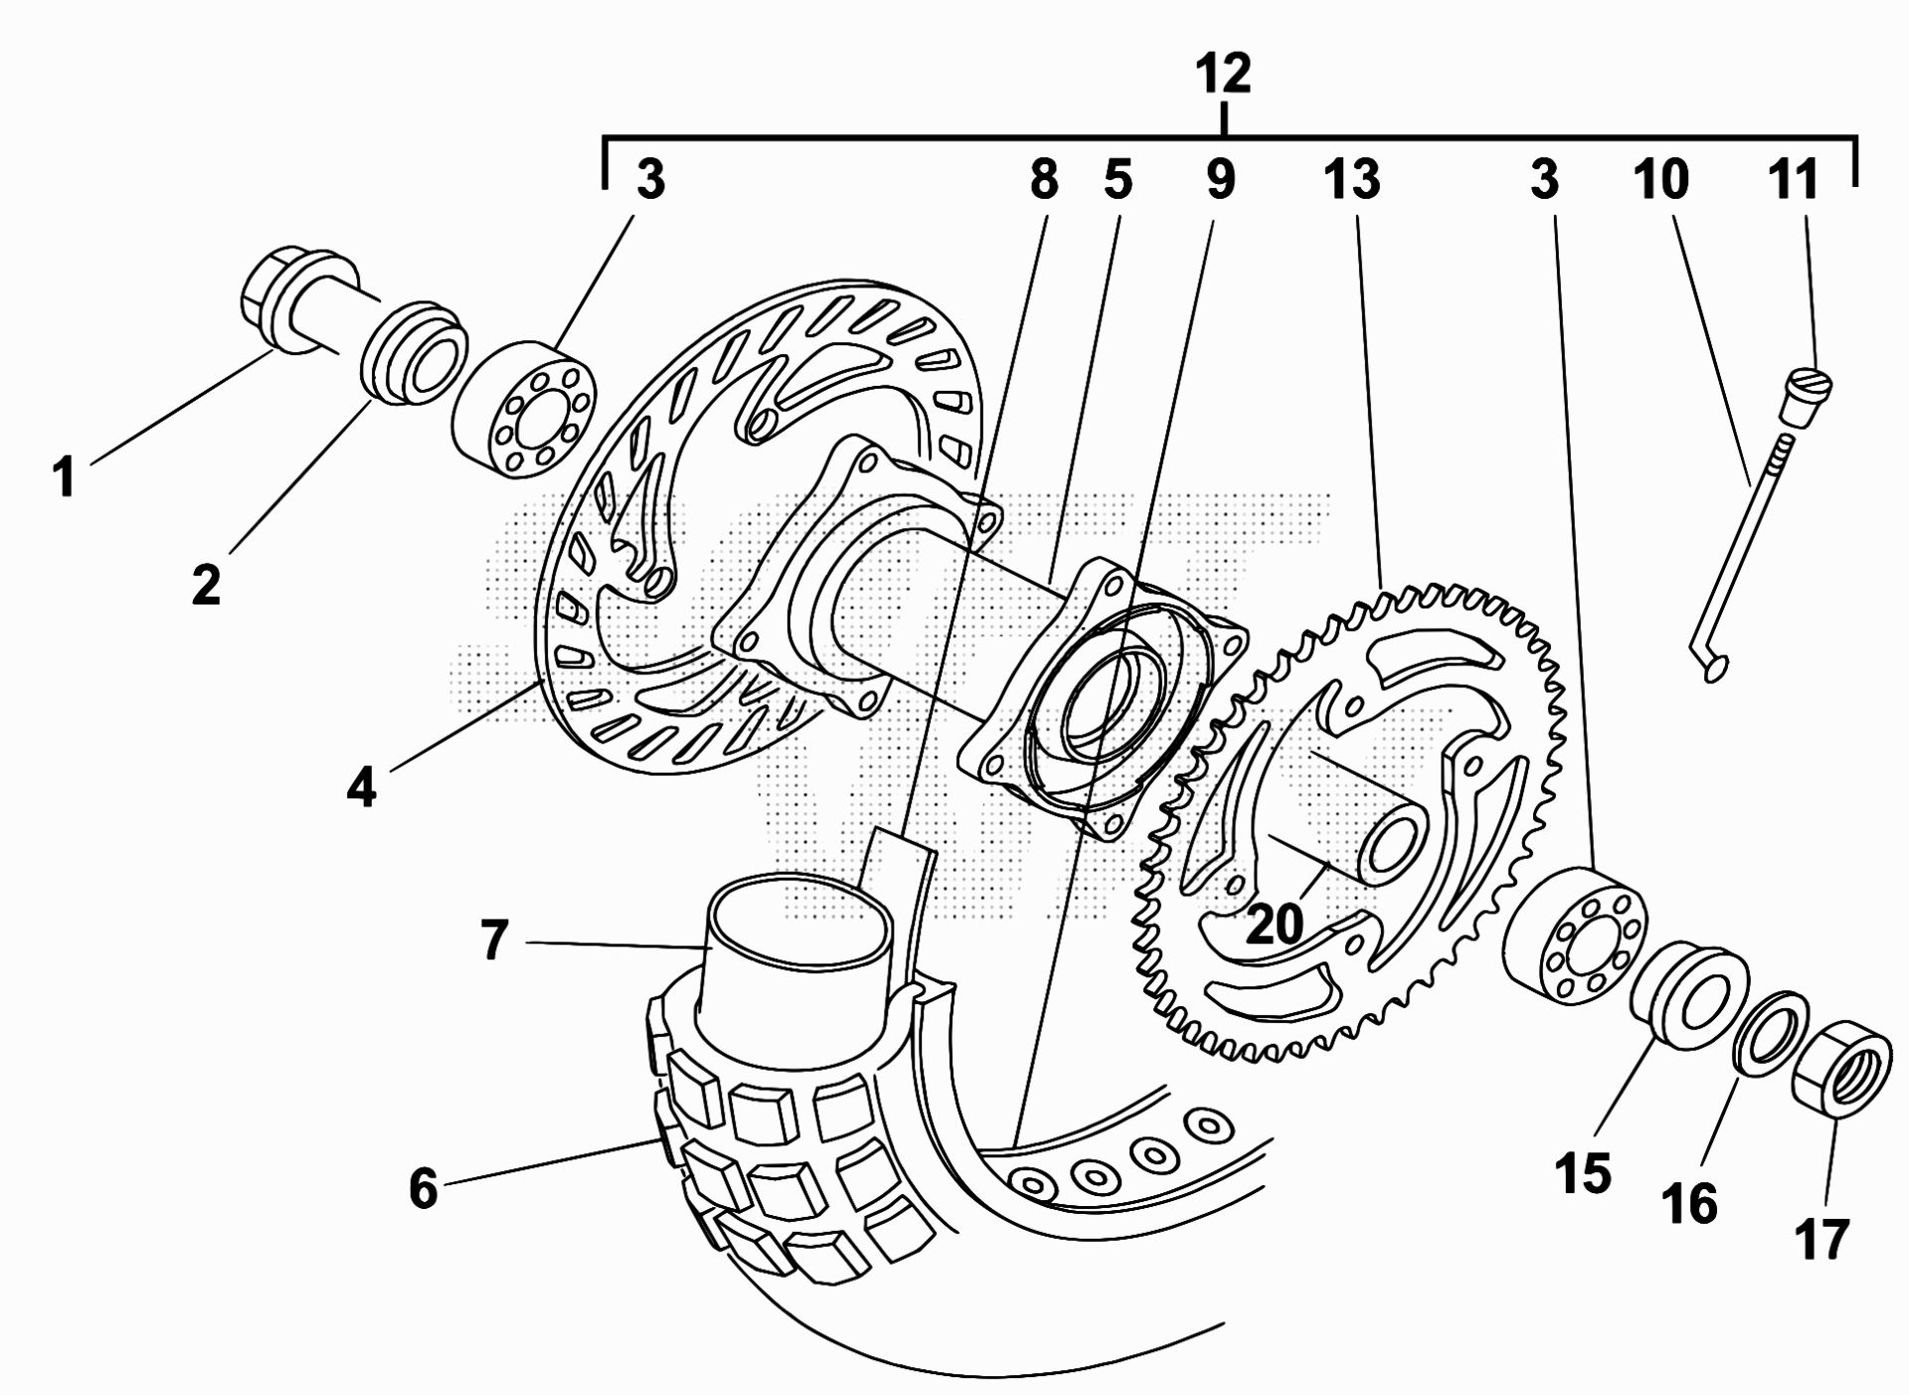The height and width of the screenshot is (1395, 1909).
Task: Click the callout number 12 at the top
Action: tap(1223, 74)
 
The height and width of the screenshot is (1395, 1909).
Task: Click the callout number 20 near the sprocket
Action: tap(1274, 924)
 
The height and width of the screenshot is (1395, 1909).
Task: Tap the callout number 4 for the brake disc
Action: tap(362, 787)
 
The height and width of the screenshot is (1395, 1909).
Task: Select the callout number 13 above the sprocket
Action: tap(1351, 181)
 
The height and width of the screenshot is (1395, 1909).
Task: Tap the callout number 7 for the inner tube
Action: tap(494, 940)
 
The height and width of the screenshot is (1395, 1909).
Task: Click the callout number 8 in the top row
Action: tap(1043, 181)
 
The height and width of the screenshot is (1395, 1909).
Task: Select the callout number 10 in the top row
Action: tap(1661, 181)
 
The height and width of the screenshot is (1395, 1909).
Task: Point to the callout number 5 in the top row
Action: tap(1118, 181)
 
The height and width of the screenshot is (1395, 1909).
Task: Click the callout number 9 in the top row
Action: tap(1220, 181)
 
